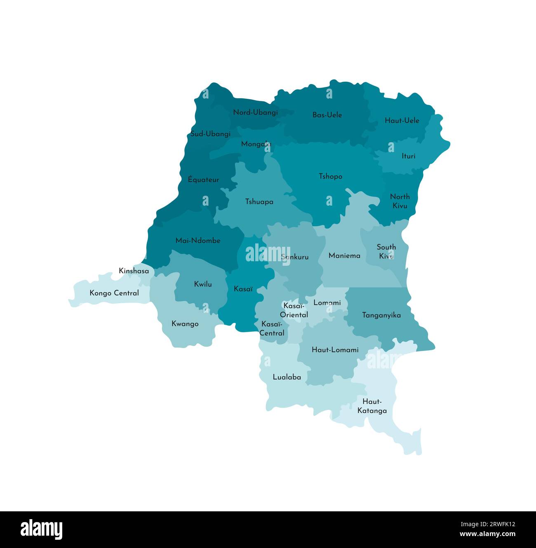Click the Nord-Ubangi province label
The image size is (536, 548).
(x=255, y=112)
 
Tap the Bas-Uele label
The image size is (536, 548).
(x=327, y=115)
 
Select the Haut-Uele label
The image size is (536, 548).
(x=402, y=120)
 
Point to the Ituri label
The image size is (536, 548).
(x=408, y=156)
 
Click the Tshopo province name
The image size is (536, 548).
(x=330, y=176)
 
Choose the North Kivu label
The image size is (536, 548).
(x=400, y=201)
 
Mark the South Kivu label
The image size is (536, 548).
(x=386, y=251)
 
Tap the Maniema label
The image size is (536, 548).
(x=344, y=256)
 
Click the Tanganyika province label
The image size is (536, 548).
(x=381, y=315)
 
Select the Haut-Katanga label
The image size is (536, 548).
(x=372, y=406)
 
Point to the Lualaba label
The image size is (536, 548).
(x=287, y=377)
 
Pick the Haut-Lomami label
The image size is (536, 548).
(x=335, y=350)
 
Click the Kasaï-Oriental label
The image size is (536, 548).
(x=294, y=310)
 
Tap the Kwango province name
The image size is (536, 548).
(x=185, y=324)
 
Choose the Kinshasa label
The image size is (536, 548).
(x=134, y=271)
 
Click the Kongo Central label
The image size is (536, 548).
(x=114, y=293)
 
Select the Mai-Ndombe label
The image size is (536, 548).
(x=198, y=241)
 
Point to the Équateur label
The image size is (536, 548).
(x=203, y=180)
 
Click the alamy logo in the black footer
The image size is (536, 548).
(x=41, y=529)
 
